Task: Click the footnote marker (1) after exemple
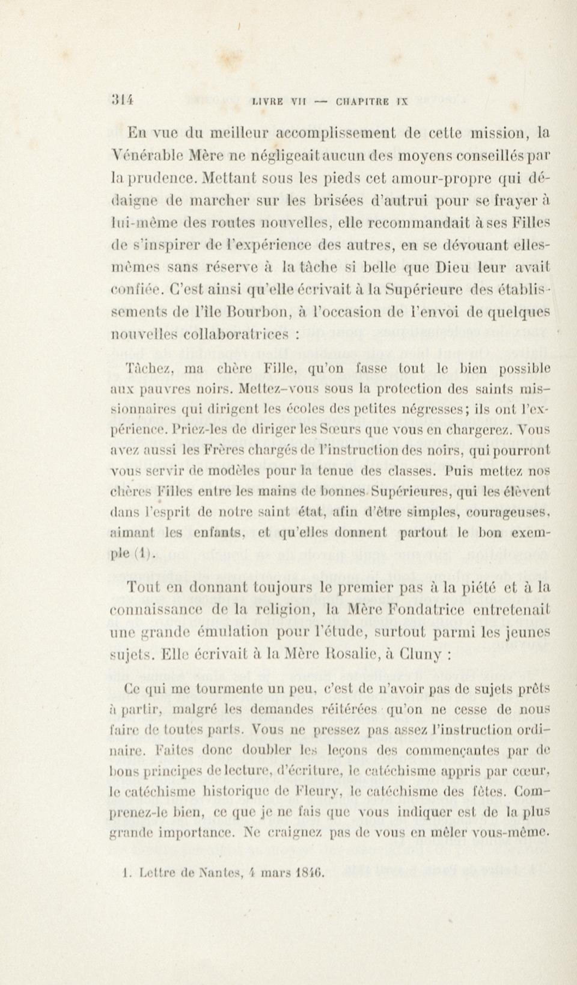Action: pyautogui.click(x=137, y=554)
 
